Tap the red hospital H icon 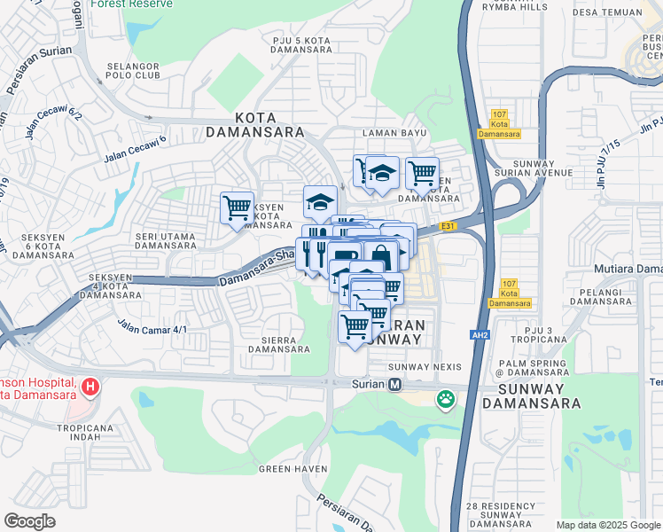pos(90,387)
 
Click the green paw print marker pos(444,401)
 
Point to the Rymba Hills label pos(514,7)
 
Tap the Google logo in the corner pos(29,521)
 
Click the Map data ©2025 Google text pos(607,525)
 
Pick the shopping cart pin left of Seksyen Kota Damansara pos(237,208)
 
